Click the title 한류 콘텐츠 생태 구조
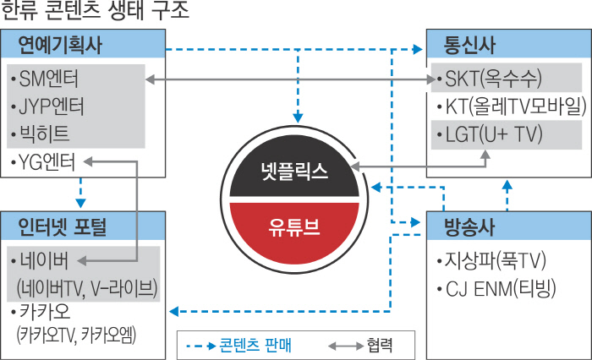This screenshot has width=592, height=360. (x=95, y=12)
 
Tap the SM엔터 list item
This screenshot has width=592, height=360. (x=46, y=79)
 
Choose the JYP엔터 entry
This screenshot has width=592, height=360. (x=50, y=107)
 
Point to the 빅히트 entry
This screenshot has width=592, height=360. (x=41, y=134)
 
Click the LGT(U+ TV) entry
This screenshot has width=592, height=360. (x=487, y=134)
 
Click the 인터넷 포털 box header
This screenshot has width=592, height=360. (x=63, y=226)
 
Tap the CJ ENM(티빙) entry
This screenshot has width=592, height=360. (x=496, y=289)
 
